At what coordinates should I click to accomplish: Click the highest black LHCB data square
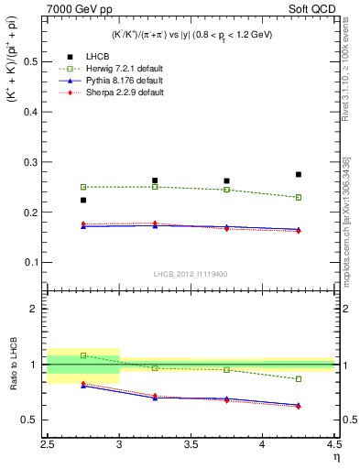click(298, 174)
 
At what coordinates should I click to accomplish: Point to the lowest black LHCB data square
click(83, 200)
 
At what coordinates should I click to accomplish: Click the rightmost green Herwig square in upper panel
click(298, 197)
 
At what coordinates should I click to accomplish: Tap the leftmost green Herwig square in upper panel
click(83, 187)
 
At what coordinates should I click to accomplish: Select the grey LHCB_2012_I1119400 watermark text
click(191, 274)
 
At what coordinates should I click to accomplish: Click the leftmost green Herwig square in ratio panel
click(83, 355)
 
